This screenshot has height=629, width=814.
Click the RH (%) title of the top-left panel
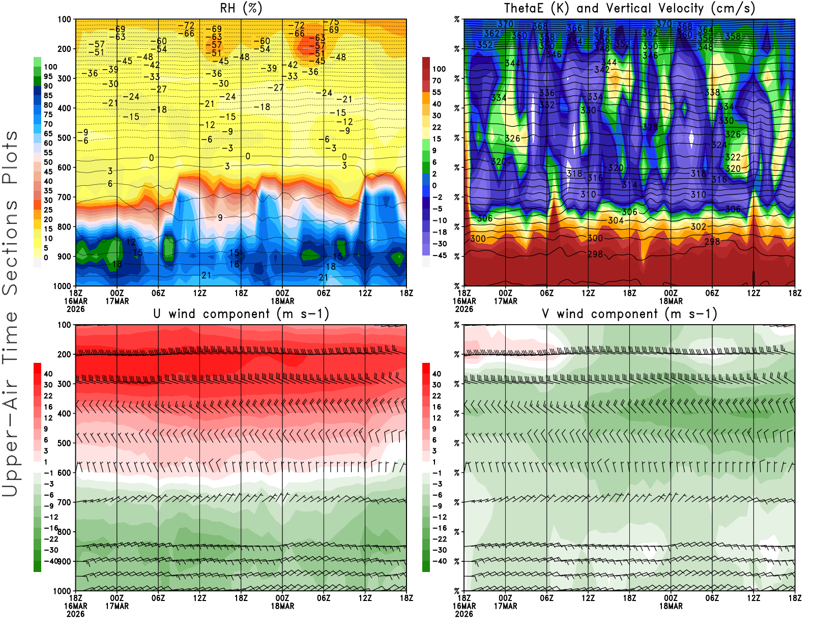pos(241,9)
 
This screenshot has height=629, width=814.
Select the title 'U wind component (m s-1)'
pos(241,314)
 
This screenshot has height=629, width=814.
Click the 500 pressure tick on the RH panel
pos(65,138)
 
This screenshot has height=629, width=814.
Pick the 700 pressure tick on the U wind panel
pos(65,502)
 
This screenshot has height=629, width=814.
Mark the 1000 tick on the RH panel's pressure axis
pos(63,286)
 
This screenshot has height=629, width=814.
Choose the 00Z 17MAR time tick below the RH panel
pos(117,297)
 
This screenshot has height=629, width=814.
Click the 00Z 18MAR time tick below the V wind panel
pos(671,602)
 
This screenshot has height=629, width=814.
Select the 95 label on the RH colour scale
pos(48,76)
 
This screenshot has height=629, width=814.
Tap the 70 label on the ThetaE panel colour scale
pos(437,80)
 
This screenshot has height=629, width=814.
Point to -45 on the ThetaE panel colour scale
pos(439,255)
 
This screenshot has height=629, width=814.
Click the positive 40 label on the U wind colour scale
pos(48,374)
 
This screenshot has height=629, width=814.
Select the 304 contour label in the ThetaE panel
pos(616,220)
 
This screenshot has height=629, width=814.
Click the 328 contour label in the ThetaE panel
pos(650,127)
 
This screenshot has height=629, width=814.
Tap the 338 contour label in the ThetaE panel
pos(712,93)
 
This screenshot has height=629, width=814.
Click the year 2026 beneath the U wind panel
pos(76,614)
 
